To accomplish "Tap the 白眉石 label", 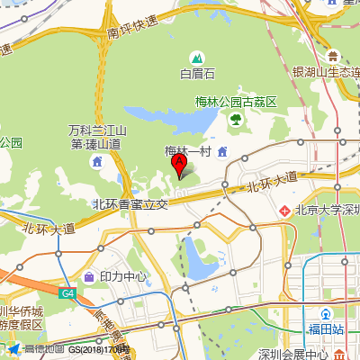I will pos(197,74).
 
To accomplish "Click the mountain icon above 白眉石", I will pos(197,58).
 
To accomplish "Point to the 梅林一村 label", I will pos(186,151).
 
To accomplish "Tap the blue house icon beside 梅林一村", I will pos(221,150).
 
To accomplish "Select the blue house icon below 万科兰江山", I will pos(97,161).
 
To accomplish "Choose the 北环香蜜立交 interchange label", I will pos(130,204).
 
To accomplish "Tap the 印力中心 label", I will pos(123,276).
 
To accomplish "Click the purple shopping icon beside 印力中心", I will pos(90,276).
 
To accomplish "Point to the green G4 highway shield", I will pos(68,293).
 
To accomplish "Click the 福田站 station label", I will pos(326,330).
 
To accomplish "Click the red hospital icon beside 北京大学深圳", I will pos(284,211).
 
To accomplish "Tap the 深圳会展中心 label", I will pos(292,354).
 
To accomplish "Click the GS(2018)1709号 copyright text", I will pos(99,348).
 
